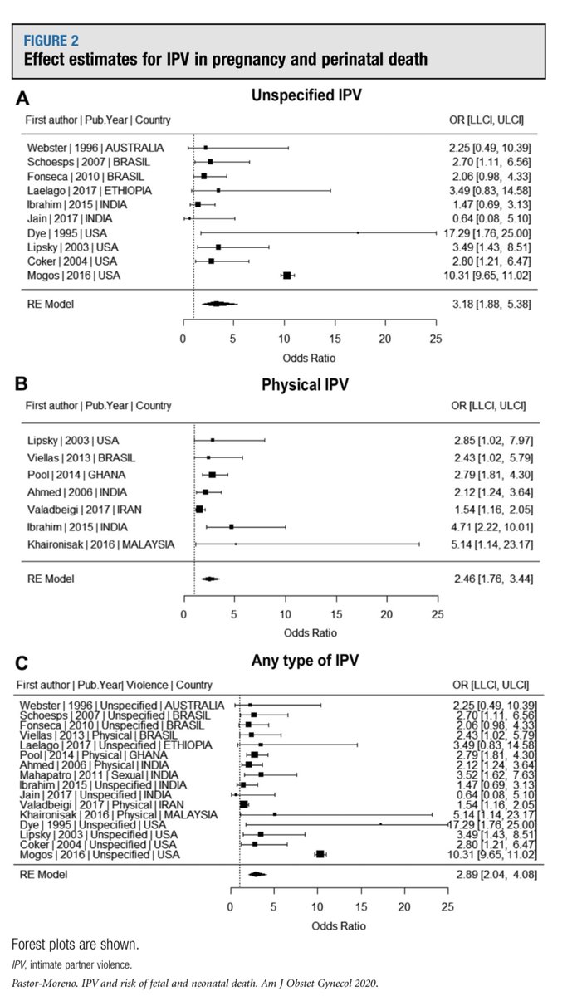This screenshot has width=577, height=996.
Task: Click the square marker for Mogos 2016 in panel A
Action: point(287,275)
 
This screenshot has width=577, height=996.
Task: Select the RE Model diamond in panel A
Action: point(217,304)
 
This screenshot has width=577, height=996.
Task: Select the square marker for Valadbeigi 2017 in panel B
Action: point(199,508)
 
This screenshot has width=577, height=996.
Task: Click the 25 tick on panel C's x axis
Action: point(447,906)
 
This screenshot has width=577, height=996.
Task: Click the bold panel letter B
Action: point(22,383)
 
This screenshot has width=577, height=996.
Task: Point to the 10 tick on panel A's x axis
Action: point(284,339)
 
